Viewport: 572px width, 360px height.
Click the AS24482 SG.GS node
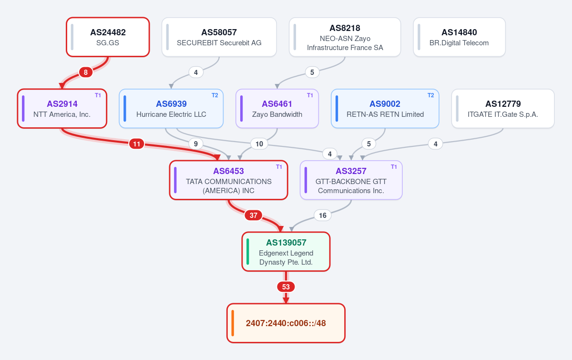tap(108, 37)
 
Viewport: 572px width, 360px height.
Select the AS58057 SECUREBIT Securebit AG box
tap(219, 37)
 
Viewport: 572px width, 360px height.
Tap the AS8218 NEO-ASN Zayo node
tap(345, 37)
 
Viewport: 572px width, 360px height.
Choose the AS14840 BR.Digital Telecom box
tap(459, 37)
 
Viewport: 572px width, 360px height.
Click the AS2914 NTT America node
tap(62, 109)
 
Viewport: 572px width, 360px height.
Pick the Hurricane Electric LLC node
tap(171, 109)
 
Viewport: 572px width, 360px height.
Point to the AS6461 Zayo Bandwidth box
tap(277, 109)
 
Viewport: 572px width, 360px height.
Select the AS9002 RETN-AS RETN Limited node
tap(385, 109)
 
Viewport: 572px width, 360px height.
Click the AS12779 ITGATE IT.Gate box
tap(503, 109)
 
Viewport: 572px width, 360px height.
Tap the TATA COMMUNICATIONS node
tap(228, 180)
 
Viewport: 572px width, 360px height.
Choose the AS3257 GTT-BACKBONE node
tap(351, 180)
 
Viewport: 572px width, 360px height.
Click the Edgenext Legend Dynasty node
tap(286, 252)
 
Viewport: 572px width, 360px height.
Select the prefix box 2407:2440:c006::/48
tap(286, 323)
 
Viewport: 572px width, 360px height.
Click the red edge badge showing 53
tap(286, 287)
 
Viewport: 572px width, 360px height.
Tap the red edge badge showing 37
tap(253, 216)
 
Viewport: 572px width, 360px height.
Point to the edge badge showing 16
tap(323, 216)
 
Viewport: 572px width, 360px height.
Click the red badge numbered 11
tap(137, 144)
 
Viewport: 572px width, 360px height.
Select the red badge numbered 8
tap(86, 72)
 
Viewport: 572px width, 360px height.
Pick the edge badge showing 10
tap(259, 144)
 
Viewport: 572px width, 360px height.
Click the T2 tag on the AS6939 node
tap(215, 95)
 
